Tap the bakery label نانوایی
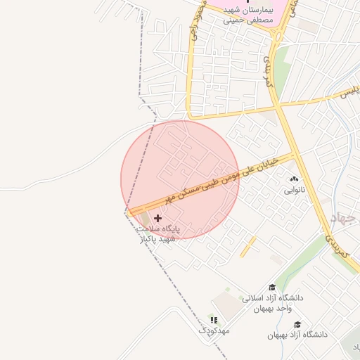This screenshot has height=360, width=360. point(294,190)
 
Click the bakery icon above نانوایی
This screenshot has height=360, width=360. point(294,180)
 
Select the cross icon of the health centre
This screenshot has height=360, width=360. point(157,219)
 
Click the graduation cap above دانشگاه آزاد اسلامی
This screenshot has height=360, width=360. point(272,288)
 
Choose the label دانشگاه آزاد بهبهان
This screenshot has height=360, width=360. point(297,335)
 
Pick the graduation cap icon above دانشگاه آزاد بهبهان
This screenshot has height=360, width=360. point(297,325)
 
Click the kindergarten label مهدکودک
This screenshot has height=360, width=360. point(214,330)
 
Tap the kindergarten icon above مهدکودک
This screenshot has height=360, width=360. point(214,320)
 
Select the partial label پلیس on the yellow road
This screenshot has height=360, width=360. point(349,91)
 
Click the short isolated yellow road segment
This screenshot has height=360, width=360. point(247,246)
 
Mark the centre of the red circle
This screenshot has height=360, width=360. point(180,180)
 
